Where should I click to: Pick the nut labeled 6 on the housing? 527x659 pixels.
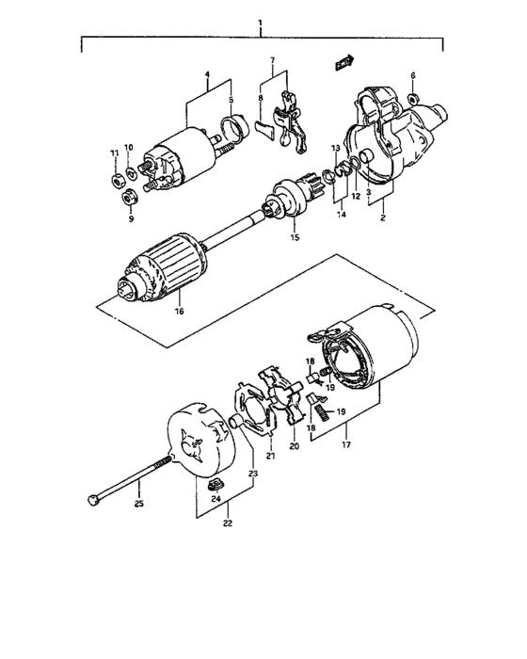click(x=412, y=96)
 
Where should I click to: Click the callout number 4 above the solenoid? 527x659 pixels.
click(x=206, y=77)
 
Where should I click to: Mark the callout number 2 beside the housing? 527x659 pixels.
click(x=383, y=217)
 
